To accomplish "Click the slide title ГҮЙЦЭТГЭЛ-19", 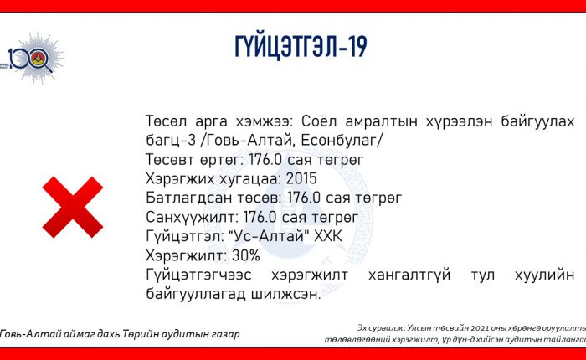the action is [301, 47].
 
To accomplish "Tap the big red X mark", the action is [73, 207].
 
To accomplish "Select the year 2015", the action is [301, 178].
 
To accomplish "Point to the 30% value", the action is [246, 255].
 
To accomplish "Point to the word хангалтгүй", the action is [409, 275].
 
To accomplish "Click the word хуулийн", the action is [544, 275].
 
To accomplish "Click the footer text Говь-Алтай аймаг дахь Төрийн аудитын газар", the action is [120, 334].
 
